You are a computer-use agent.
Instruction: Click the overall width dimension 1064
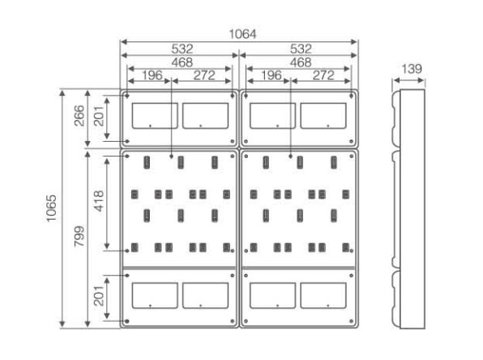click(x=242, y=34)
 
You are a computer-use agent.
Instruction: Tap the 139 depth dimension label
click(x=412, y=69)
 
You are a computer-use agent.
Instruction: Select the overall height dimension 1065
click(x=51, y=208)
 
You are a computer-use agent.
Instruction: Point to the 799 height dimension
click(x=79, y=236)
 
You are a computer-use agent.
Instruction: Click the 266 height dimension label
click(x=79, y=116)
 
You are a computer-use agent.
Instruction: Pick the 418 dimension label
click(x=99, y=201)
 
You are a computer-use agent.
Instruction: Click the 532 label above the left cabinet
click(x=182, y=49)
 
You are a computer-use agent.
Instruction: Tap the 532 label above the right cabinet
click(x=301, y=49)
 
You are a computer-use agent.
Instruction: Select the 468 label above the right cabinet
click(x=301, y=62)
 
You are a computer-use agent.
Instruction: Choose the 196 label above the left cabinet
click(x=152, y=75)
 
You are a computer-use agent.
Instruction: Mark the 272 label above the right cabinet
click(x=323, y=75)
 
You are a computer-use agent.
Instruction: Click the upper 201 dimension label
click(x=99, y=116)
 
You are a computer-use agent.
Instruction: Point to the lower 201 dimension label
click(x=99, y=296)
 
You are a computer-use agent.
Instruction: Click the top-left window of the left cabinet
click(x=155, y=116)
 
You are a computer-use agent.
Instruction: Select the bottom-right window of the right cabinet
click(x=323, y=296)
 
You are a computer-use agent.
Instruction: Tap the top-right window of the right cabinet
click(x=323, y=116)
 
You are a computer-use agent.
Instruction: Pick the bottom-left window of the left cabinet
click(x=155, y=296)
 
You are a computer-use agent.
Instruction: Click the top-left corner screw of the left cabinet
click(x=127, y=96)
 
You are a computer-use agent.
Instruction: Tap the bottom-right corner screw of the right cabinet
click(x=352, y=321)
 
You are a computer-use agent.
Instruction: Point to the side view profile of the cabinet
click(x=408, y=209)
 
